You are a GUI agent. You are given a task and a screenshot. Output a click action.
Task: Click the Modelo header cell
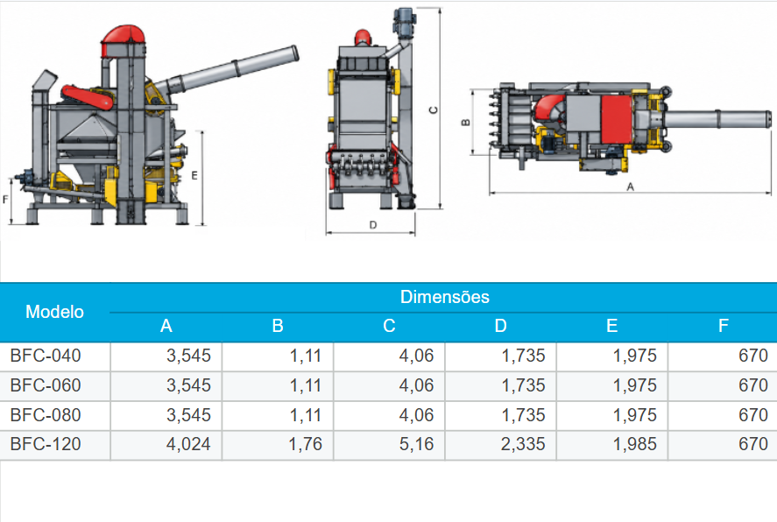tap(54, 312)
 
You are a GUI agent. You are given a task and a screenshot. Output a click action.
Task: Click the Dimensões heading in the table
tap(444, 297)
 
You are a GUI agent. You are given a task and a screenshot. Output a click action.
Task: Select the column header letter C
tap(389, 326)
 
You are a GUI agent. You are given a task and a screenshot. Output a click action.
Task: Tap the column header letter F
tap(723, 326)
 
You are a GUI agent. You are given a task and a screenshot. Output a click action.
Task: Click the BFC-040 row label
tap(45, 356)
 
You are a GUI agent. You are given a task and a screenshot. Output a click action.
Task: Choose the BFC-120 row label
tap(45, 444)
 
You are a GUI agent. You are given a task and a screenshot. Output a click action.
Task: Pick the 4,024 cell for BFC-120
tap(188, 444)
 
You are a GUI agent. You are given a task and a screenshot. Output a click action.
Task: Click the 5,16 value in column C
tap(416, 444)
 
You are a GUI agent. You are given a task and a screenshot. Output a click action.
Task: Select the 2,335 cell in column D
tap(523, 444)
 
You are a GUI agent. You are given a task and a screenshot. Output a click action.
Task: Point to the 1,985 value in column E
tap(635, 444)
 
